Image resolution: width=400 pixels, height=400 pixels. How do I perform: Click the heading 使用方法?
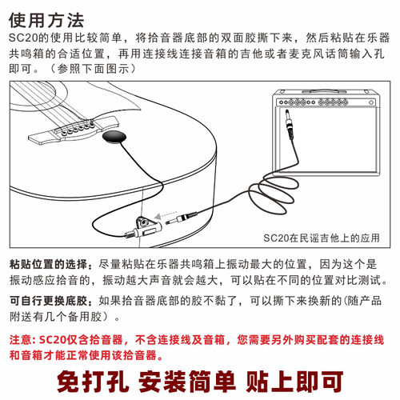click(46, 18)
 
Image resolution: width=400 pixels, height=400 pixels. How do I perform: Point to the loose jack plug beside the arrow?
click(190, 215)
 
